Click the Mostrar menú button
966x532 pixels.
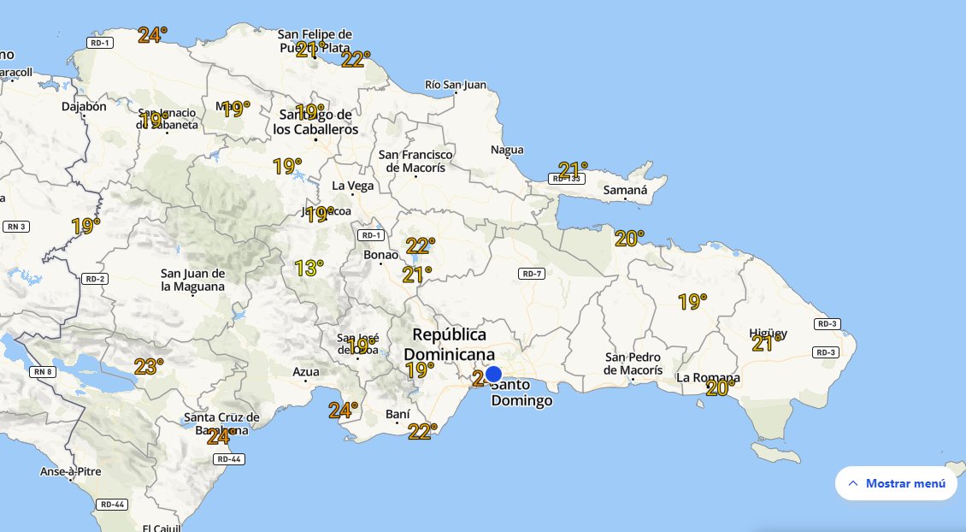click(x=896, y=483)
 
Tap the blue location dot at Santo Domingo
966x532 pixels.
click(x=493, y=374)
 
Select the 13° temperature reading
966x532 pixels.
click(x=309, y=269)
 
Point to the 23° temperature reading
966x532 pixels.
click(x=148, y=367)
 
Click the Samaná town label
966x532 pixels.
click(x=625, y=190)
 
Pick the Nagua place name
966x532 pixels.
click(x=507, y=151)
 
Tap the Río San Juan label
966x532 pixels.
click(x=455, y=85)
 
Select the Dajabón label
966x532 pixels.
click(x=84, y=107)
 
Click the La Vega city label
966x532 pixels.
click(x=352, y=186)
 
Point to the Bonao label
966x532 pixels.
click(x=380, y=255)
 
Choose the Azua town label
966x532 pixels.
click(x=305, y=372)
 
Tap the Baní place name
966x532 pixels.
click(x=398, y=414)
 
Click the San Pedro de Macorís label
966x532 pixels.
click(x=633, y=364)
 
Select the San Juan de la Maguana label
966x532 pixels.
click(x=193, y=280)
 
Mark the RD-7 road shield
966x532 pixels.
click(x=531, y=274)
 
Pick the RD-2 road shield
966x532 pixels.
click(x=94, y=279)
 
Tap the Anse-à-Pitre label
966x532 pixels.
click(x=70, y=471)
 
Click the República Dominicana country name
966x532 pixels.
click(x=449, y=344)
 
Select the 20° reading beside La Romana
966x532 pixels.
click(x=721, y=388)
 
